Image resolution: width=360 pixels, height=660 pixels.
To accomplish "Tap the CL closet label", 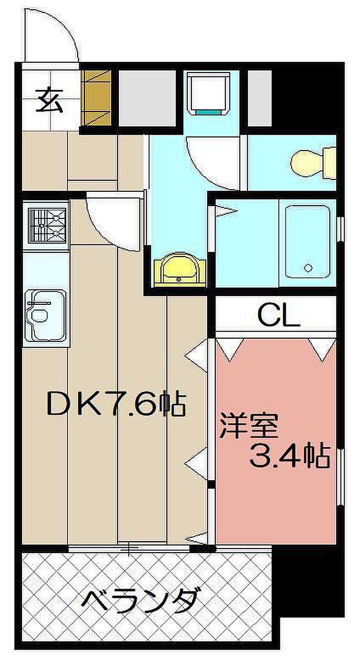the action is (x=279, y=315).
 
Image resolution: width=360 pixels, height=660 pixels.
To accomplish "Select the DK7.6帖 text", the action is (x=116, y=404).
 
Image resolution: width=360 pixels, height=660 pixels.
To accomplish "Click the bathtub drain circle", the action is (x=309, y=268).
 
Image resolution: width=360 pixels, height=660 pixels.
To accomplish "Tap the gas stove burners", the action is (x=47, y=226).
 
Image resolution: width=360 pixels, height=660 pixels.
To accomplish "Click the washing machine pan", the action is (x=209, y=93).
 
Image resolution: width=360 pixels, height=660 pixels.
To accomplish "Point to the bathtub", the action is (x=308, y=242).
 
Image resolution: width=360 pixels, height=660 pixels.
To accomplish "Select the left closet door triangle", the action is (x=230, y=350).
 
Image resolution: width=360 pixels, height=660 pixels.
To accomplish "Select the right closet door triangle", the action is (x=322, y=350).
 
